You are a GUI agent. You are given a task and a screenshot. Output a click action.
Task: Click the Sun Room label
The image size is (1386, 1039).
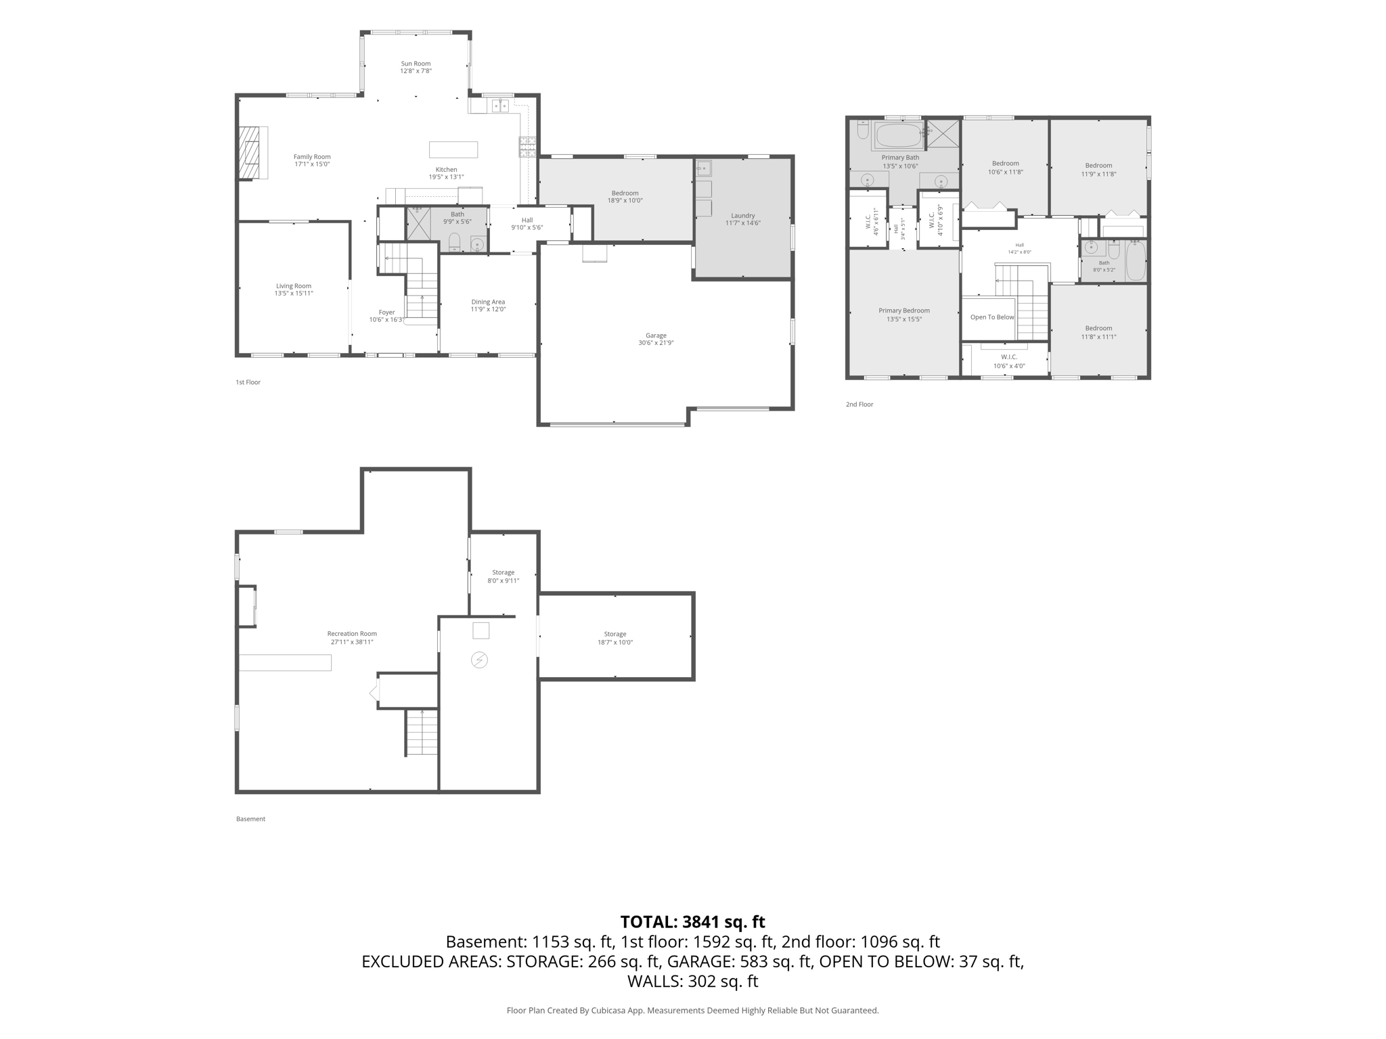[x=416, y=64]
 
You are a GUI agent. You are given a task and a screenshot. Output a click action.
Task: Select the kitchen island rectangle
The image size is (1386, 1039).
[x=453, y=149]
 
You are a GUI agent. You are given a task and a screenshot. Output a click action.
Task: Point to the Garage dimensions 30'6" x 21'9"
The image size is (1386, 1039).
[x=656, y=343]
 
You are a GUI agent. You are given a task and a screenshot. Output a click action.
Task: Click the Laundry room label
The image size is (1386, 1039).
[x=742, y=216]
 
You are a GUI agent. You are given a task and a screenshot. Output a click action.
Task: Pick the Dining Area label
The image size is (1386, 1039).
[x=488, y=302]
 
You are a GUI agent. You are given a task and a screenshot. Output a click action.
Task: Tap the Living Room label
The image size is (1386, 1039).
[x=294, y=285]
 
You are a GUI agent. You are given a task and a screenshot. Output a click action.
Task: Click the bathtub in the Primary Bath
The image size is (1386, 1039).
[x=898, y=135]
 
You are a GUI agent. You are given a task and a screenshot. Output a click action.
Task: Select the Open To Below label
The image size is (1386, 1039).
[x=992, y=317]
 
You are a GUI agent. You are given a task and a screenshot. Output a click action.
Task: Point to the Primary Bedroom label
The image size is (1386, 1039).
[x=904, y=310]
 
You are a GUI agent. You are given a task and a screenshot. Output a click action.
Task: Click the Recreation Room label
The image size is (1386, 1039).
[x=352, y=634]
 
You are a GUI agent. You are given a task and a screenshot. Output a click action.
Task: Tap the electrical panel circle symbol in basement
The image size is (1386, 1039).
[x=479, y=660]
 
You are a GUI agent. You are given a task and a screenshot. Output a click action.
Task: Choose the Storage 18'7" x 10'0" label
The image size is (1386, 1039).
[x=615, y=638]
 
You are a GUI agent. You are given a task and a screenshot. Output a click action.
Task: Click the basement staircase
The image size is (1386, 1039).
[x=422, y=732]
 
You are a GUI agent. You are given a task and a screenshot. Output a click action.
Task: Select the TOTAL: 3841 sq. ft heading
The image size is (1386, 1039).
[x=693, y=921]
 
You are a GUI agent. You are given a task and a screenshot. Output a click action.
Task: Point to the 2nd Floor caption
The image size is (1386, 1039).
[x=859, y=405]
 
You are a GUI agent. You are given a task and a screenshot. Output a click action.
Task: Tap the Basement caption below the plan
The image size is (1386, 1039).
[x=250, y=819]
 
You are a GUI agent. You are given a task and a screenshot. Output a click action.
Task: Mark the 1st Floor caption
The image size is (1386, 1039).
[x=248, y=382]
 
